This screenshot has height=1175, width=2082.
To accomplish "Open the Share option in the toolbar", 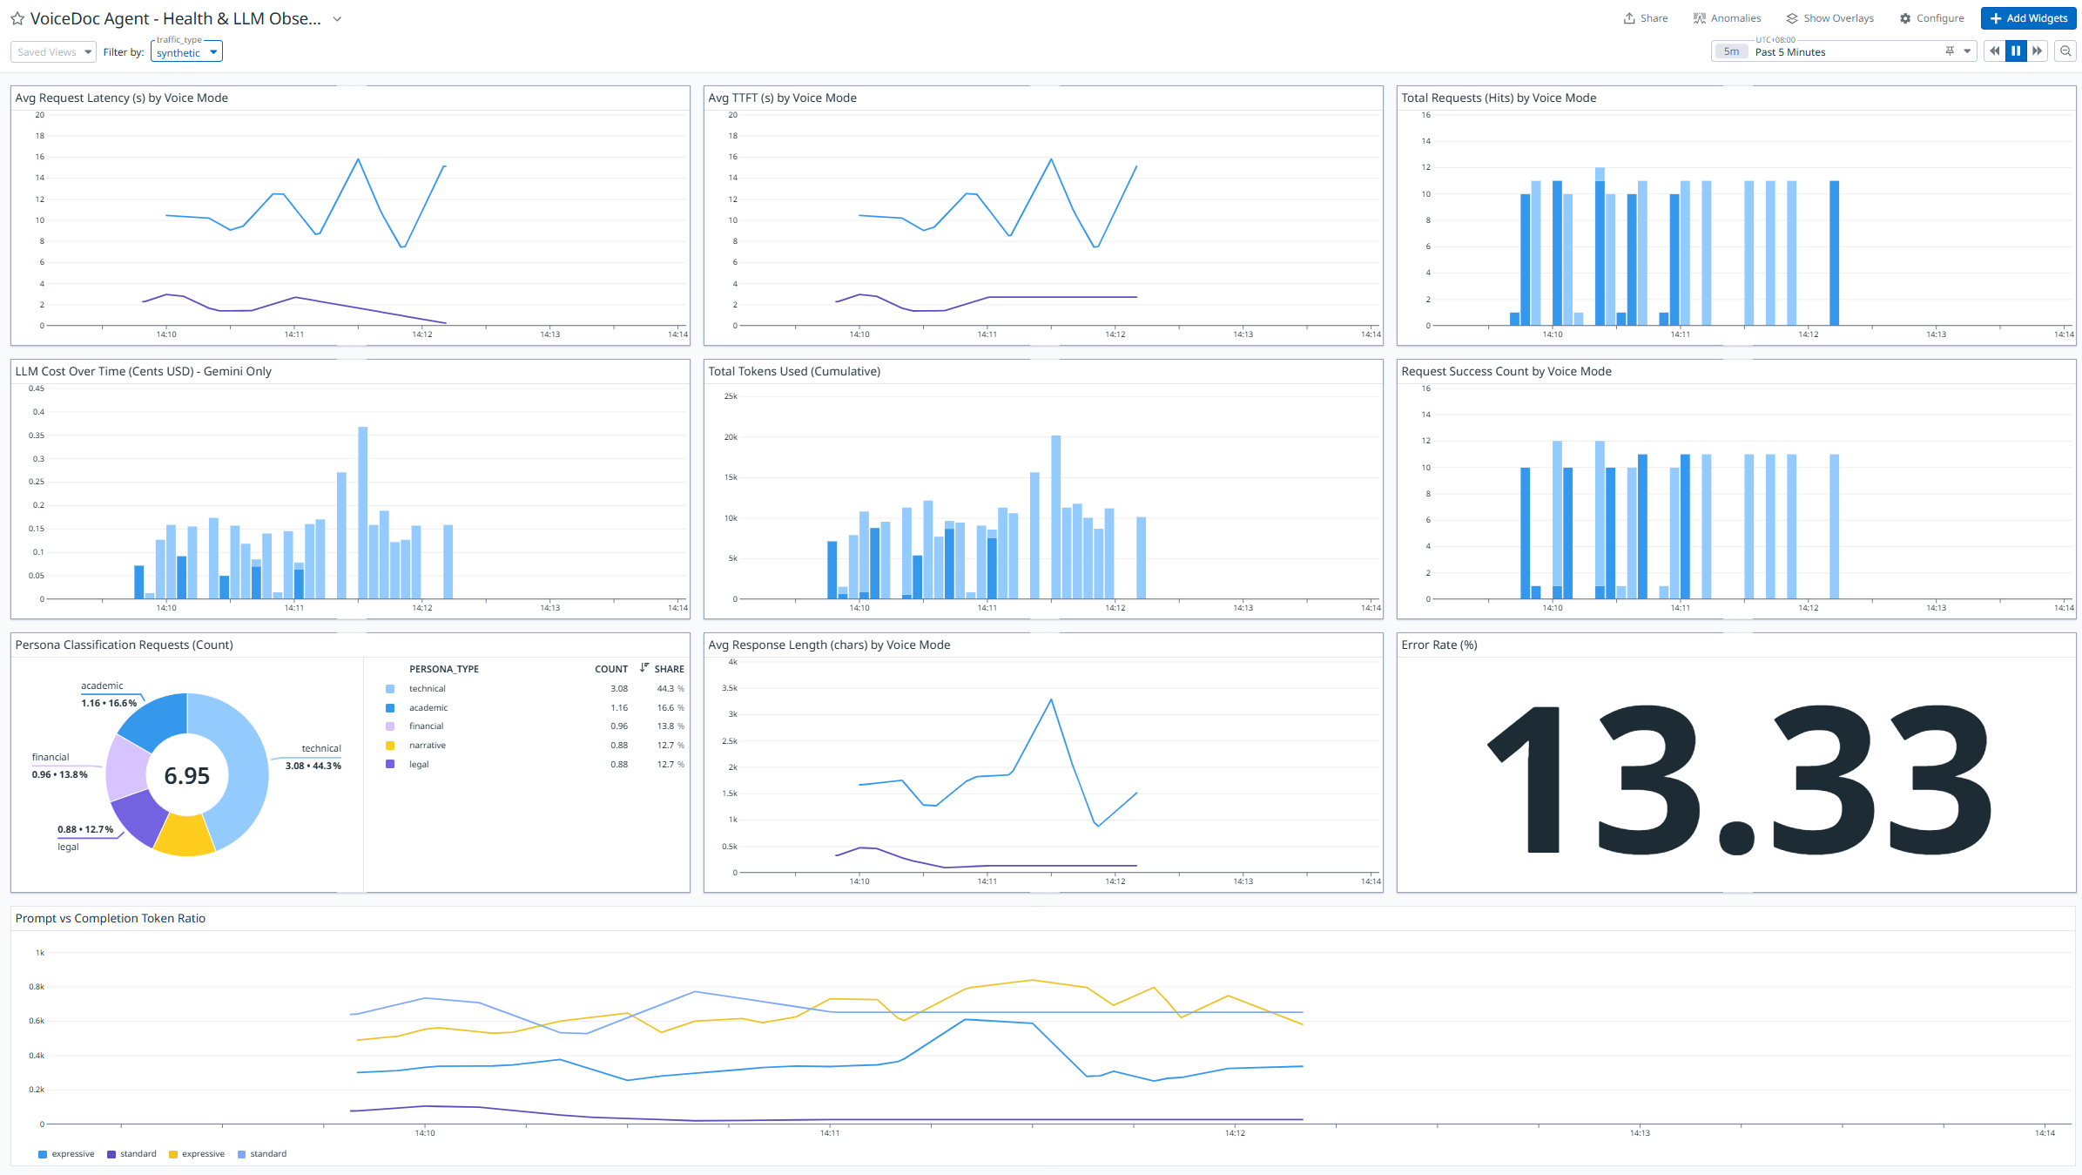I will pos(1645,18).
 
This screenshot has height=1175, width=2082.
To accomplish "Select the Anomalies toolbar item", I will pos(1727,18).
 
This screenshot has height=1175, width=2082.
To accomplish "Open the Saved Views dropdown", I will pos(53,52).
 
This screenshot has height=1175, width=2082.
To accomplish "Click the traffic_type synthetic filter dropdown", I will pos(186,52).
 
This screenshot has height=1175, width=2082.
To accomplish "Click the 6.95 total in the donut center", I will pos(186,775).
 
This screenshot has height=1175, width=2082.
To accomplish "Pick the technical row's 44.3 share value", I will pos(665,689).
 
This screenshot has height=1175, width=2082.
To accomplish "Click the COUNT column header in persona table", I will pos(610,669).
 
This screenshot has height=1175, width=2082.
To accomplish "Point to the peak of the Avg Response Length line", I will pos(1051,699).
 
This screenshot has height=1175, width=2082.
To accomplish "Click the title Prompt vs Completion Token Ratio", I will pos(111,918).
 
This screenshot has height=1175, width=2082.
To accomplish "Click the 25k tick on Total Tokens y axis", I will pos(731,396).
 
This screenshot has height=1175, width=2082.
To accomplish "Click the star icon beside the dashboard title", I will pos(17,18).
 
